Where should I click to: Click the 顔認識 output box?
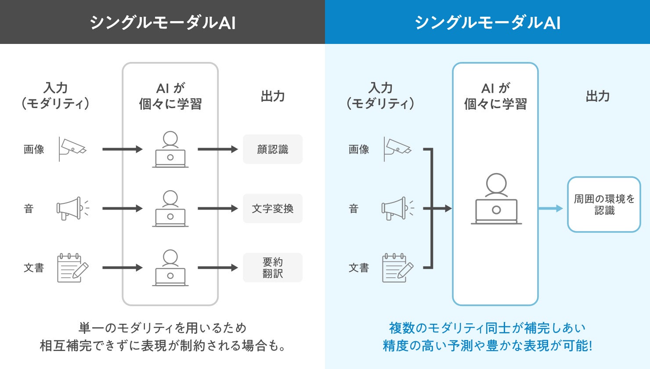pos(272,149)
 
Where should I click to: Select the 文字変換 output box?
pos(272,209)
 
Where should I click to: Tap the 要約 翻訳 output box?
pos(272,268)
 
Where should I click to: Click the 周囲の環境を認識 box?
pos(604,204)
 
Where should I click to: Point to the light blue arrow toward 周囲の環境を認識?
pos(550,208)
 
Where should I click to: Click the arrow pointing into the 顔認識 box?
pos(218,149)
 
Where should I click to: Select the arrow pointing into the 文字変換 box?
pos(218,209)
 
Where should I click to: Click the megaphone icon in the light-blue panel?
pos(397,208)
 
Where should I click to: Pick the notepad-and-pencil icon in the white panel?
pos(73,268)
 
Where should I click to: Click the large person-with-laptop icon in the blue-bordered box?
pos(496,199)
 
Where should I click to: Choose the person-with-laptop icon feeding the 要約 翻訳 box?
pos(170,268)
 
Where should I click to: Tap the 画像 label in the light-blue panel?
pos(359,149)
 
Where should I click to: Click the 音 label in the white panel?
pos(29,209)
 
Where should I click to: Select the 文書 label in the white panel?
pos(34,268)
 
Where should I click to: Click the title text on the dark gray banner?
pos(162,23)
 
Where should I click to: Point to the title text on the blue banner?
pos(487,23)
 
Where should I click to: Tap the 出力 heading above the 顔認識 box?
pos(272,96)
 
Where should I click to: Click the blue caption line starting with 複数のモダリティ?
pos(487,328)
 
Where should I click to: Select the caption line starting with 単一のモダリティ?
pos(162,328)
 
